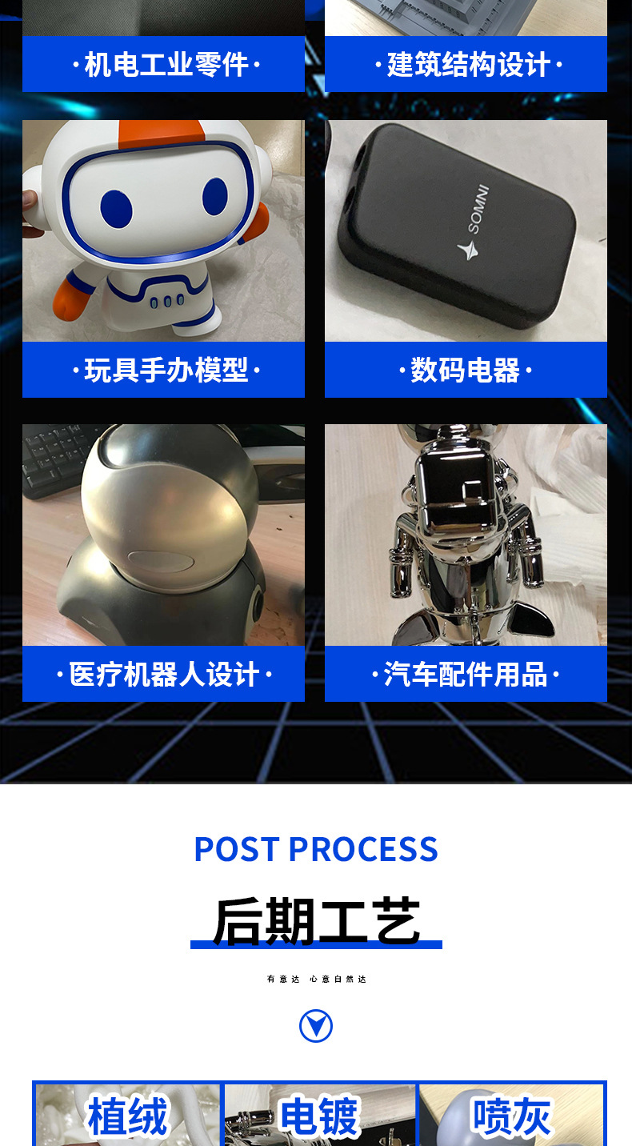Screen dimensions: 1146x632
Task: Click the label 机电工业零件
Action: [x=166, y=64]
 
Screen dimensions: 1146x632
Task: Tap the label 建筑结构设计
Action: [x=468, y=64]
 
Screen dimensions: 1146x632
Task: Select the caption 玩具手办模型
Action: [x=166, y=370]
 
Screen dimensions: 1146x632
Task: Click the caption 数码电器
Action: [x=466, y=370]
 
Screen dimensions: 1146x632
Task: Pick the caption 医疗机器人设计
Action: [x=164, y=674]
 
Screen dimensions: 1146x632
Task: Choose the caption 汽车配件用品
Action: [x=466, y=674]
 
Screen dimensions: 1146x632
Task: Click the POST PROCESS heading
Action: [x=316, y=849]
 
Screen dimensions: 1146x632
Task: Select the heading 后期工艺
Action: [x=316, y=921]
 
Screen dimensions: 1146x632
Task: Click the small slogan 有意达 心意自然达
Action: [x=316, y=979]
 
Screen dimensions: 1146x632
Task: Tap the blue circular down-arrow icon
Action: [x=316, y=1026]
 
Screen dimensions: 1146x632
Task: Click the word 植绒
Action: [x=128, y=1116]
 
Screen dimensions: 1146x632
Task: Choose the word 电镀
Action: [x=319, y=1116]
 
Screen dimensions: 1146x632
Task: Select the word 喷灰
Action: [x=511, y=1116]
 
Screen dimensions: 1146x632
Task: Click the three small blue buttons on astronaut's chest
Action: [x=167, y=301]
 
